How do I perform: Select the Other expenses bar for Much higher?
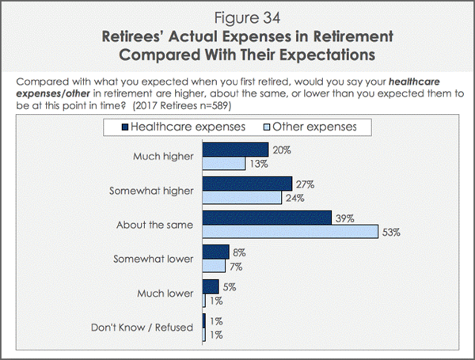[224, 163]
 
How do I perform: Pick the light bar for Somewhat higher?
[242, 198]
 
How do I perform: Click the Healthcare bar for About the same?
[267, 218]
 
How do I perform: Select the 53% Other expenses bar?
[291, 232]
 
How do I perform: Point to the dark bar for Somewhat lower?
[216, 252]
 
